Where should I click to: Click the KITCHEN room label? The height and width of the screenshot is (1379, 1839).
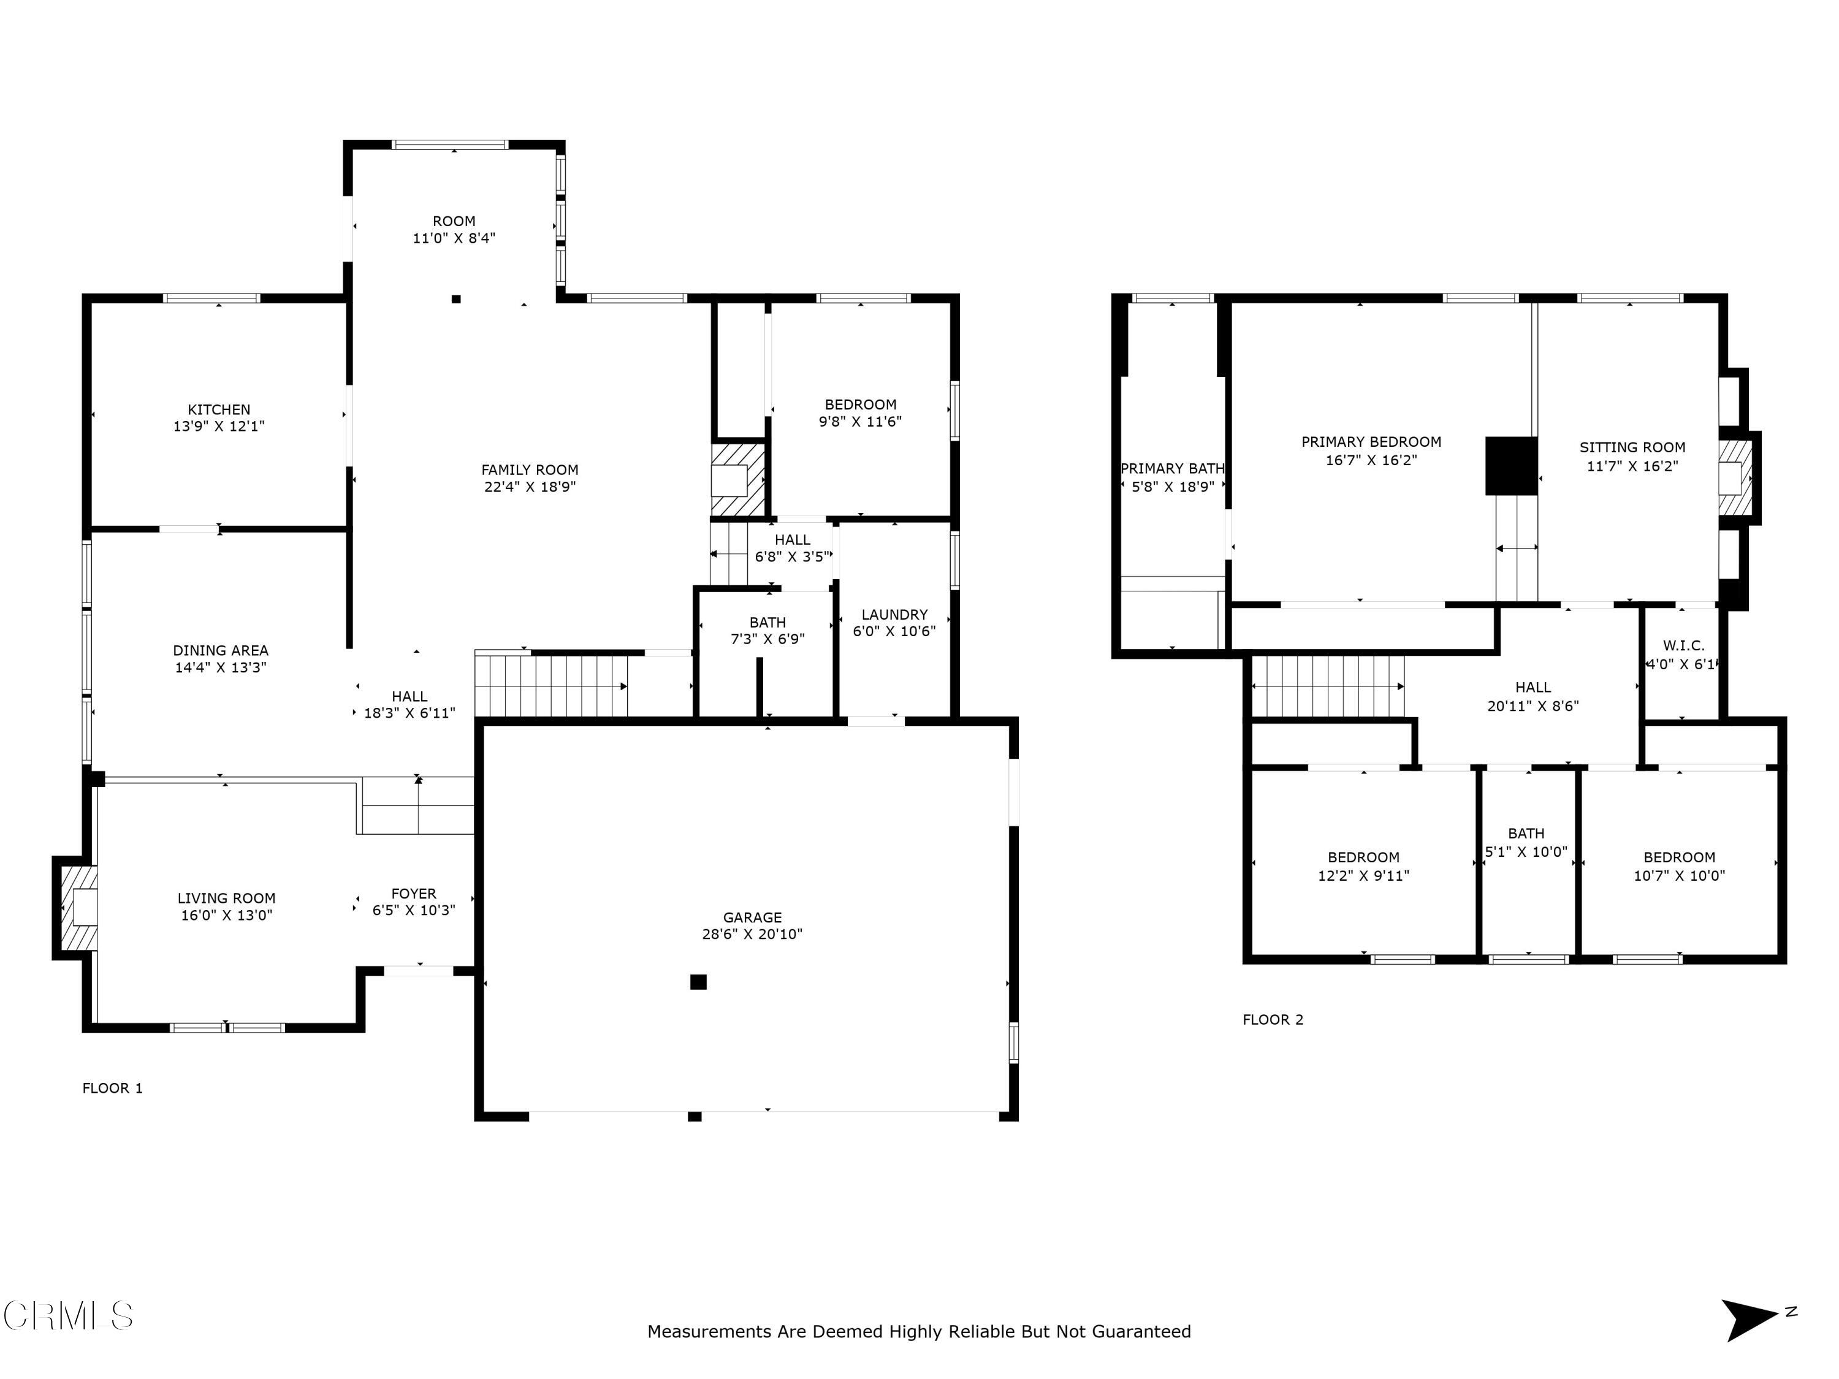click(x=219, y=410)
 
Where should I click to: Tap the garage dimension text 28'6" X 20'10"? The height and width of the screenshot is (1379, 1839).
click(x=752, y=934)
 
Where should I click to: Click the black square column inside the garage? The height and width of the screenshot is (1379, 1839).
click(x=698, y=982)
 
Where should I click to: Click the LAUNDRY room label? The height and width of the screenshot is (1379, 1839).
click(x=894, y=614)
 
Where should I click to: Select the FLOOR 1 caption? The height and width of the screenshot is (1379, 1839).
click(x=112, y=1088)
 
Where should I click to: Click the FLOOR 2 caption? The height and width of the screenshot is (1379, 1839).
click(x=1273, y=1020)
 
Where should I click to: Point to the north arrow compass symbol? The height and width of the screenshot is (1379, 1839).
click(x=1750, y=1320)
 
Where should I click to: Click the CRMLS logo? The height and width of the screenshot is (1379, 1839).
click(x=68, y=1316)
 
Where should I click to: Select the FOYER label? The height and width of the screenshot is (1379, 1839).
click(x=413, y=894)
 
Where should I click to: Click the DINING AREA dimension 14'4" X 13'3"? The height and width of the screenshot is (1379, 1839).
click(x=220, y=667)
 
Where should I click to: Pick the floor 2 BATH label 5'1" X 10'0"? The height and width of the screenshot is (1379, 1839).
click(x=1526, y=842)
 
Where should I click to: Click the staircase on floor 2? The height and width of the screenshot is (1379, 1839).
click(x=1328, y=686)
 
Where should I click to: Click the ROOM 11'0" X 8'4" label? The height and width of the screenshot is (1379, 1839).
click(x=454, y=229)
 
